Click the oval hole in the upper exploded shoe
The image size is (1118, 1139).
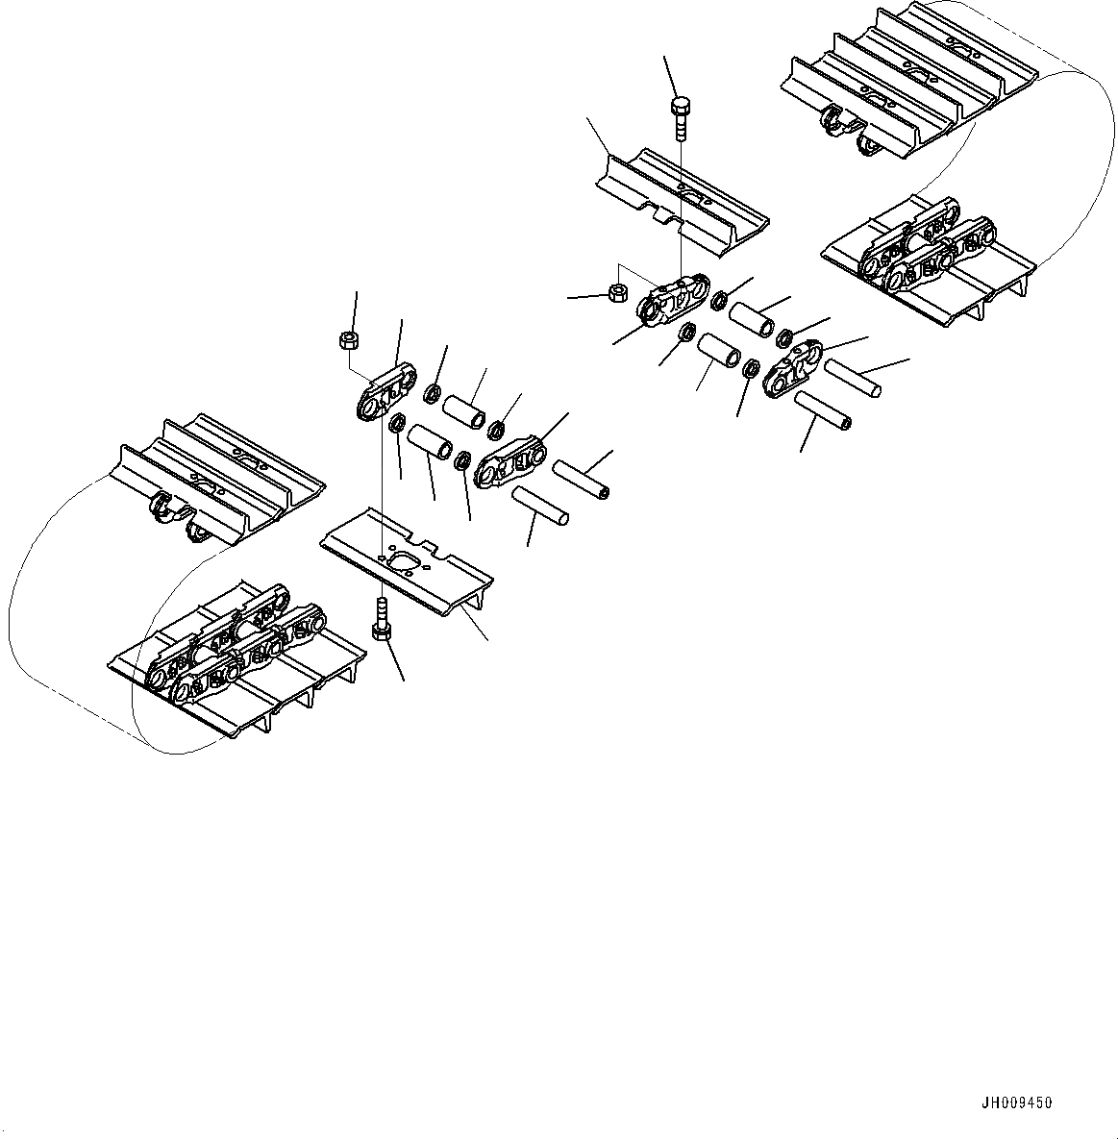pyautogui.click(x=692, y=194)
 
